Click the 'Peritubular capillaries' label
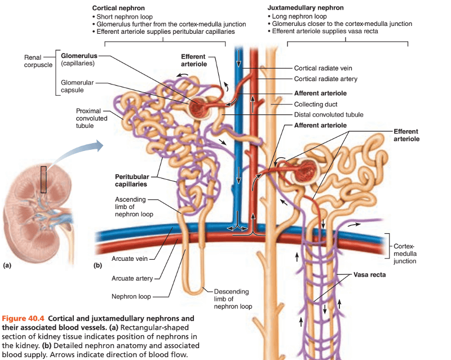[x=132, y=180]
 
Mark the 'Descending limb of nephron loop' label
[x=233, y=299]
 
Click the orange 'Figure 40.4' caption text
[x=22, y=318]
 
